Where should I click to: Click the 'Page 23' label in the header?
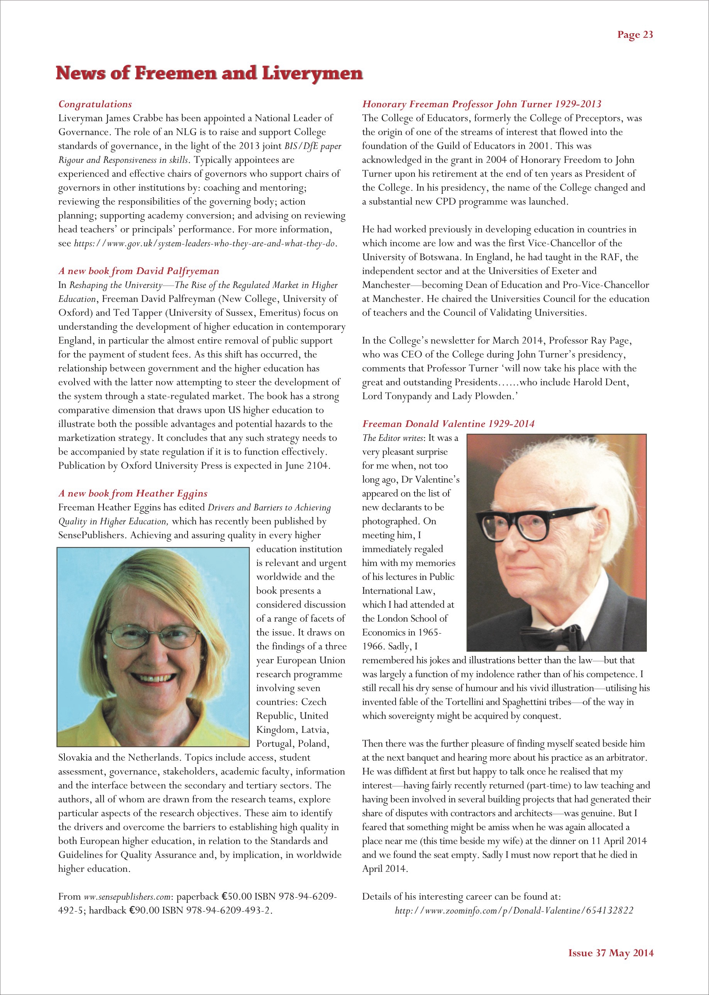coord(635,35)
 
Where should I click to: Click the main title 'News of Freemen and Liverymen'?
coord(209,73)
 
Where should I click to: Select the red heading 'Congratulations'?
coord(95,104)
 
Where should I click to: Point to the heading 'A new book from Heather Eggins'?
coord(133,493)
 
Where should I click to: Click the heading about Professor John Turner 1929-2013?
coord(482,104)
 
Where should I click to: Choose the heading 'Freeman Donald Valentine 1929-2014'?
coord(448,424)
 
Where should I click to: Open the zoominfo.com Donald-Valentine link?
coord(514,910)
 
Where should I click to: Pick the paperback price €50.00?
coord(236,896)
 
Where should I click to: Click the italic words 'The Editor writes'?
coord(393,438)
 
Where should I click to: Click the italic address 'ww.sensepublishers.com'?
coord(127,897)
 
